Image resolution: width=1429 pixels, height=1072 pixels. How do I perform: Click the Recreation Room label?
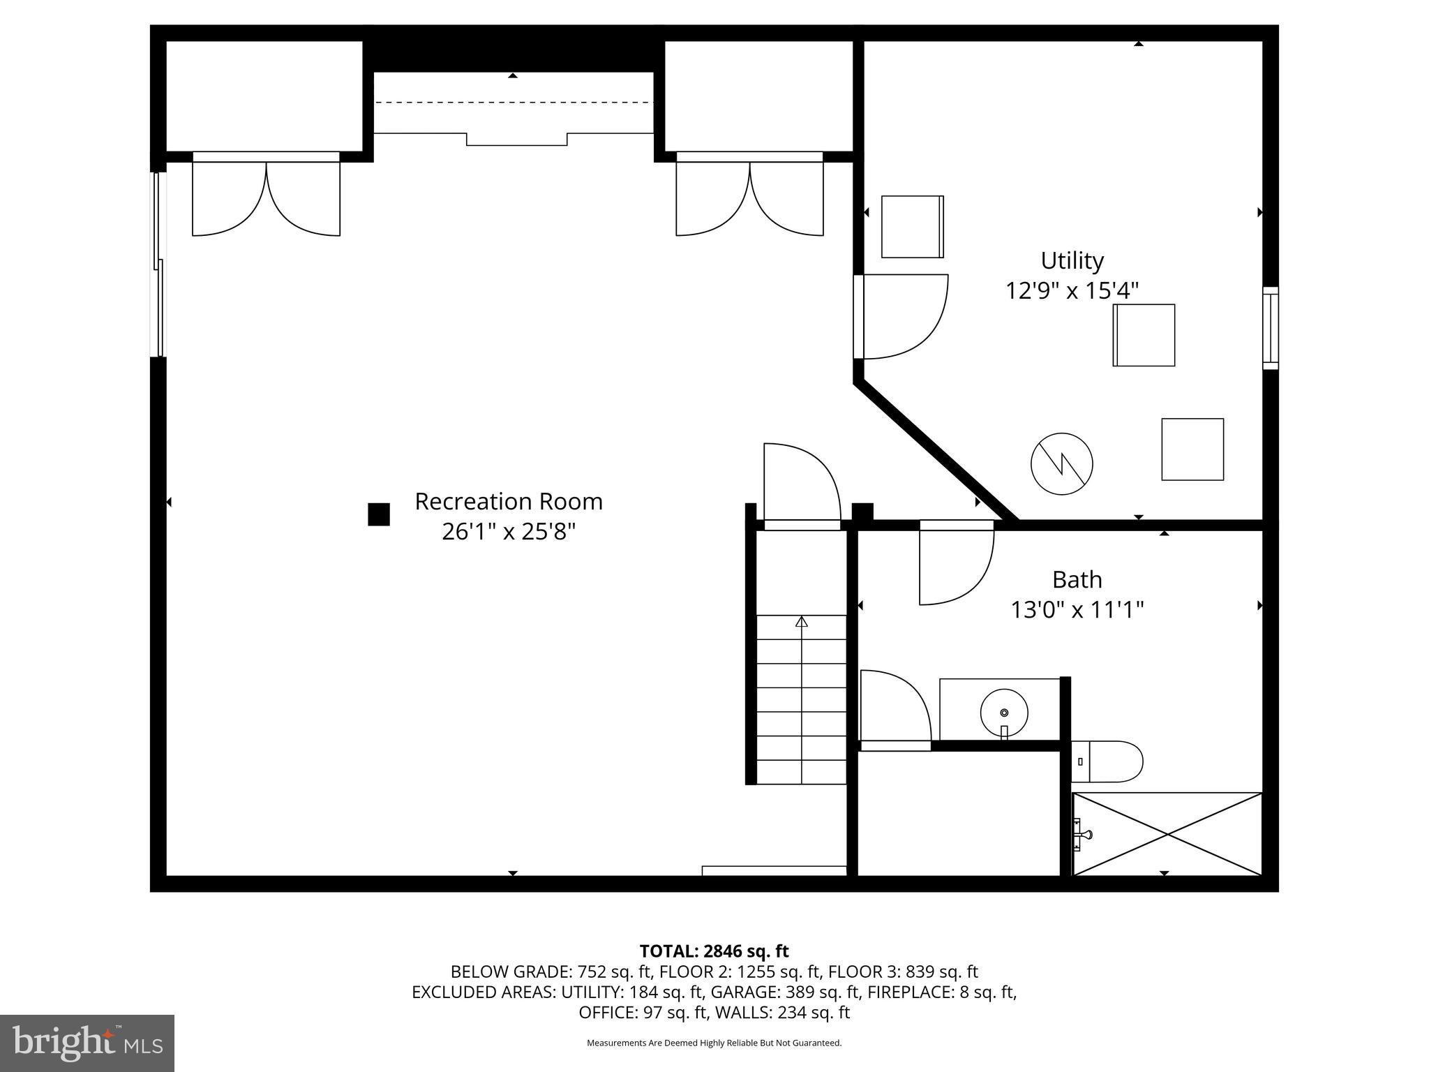pyautogui.click(x=508, y=501)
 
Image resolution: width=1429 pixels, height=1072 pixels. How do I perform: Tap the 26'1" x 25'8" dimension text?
pyautogui.click(x=508, y=532)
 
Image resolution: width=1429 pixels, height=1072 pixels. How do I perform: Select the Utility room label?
pyautogui.click(x=1072, y=260)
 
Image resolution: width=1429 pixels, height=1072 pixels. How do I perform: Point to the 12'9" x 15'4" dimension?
pyautogui.click(x=1072, y=290)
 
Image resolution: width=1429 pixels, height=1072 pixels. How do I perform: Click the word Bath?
pyautogui.click(x=1077, y=579)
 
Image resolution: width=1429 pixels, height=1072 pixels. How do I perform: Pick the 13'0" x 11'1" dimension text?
pyautogui.click(x=1077, y=610)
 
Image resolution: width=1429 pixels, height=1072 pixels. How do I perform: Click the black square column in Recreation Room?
pyautogui.click(x=379, y=514)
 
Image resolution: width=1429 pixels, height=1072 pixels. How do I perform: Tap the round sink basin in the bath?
pyautogui.click(x=1004, y=713)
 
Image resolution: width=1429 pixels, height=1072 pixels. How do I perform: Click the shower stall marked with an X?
pyautogui.click(x=1167, y=833)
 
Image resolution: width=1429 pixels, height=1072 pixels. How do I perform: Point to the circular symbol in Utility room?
pyautogui.click(x=1061, y=464)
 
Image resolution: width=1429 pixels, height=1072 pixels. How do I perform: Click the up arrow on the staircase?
pyautogui.click(x=802, y=621)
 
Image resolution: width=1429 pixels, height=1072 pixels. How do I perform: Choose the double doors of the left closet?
pyautogui.click(x=266, y=199)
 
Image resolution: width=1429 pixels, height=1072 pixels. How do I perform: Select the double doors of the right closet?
pyautogui.click(x=749, y=199)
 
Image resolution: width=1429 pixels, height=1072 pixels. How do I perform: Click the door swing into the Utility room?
pyautogui.click(x=904, y=318)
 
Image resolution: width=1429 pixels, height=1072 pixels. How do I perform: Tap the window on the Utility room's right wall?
pyautogui.click(x=1271, y=328)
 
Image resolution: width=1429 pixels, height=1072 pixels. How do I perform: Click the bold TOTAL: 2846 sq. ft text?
pyautogui.click(x=714, y=951)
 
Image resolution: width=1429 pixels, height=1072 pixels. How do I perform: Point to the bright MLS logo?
pyautogui.click(x=87, y=1043)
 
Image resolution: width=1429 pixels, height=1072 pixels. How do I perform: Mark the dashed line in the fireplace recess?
pyautogui.click(x=514, y=103)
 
